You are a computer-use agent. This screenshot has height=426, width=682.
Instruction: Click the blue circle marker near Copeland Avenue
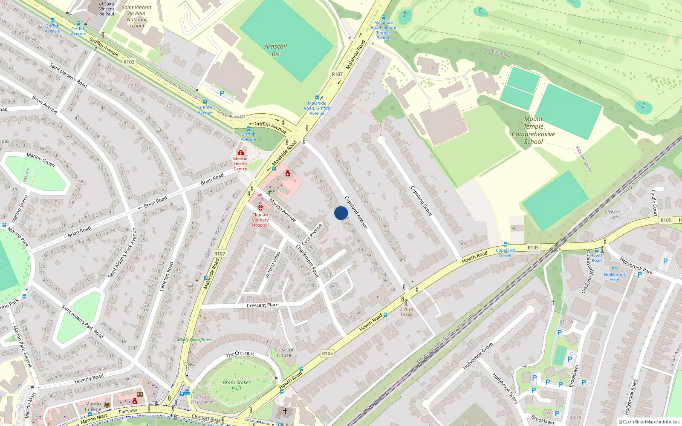pyautogui.click(x=341, y=213)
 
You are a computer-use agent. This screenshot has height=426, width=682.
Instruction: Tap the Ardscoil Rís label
pyautogui.click(x=276, y=50)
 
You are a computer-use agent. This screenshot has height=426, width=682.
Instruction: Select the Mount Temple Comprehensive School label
pyautogui.click(x=533, y=130)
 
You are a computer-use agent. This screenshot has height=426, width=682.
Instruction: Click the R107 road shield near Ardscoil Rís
pyautogui.click(x=337, y=74)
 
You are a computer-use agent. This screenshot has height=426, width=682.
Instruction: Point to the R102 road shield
pyautogui.click(x=129, y=62)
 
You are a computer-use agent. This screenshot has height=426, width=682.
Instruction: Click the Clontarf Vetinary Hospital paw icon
pyautogui.click(x=260, y=208)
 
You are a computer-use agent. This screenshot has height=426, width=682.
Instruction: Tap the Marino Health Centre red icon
pyautogui.click(x=241, y=153)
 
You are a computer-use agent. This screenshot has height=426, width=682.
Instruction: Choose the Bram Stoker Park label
pyautogui.click(x=237, y=385)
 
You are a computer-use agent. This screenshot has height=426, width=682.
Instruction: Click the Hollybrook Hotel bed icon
pyautogui.click(x=615, y=269)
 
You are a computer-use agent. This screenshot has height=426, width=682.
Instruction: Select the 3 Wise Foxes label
pyautogui.click(x=406, y=312)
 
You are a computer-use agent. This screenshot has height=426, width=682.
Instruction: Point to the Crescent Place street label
pyautogui.click(x=263, y=305)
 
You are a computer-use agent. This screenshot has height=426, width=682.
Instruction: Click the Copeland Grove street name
pyautogui.click(x=421, y=200)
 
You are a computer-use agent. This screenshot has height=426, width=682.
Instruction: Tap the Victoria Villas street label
pyautogui.click(x=272, y=265)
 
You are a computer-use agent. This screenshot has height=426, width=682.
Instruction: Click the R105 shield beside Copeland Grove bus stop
pyautogui.click(x=533, y=248)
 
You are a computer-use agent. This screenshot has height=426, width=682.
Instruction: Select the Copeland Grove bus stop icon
pyautogui.click(x=506, y=245)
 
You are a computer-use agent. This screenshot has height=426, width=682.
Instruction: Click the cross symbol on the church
pyautogui.click(x=285, y=411)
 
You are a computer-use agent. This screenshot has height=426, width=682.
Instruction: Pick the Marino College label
pyautogui.click(x=93, y=406)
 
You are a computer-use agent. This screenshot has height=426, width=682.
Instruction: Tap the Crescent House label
pyautogui.click(x=284, y=352)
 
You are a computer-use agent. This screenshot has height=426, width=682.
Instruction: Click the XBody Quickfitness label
pyautogui.click(x=194, y=340)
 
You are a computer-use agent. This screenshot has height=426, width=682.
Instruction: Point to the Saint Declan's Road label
pyautogui.click(x=68, y=75)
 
